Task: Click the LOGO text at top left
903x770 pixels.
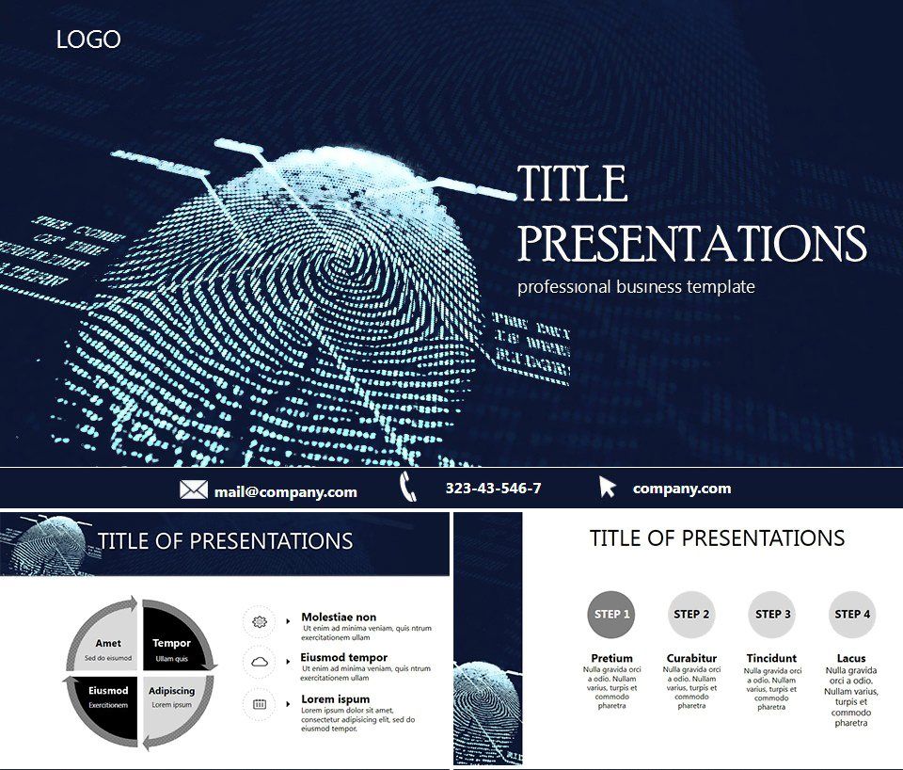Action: pyautogui.click(x=88, y=40)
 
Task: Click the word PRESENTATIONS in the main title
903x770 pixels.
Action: pyautogui.click(x=692, y=244)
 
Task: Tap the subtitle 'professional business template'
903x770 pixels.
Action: pyautogui.click(x=636, y=287)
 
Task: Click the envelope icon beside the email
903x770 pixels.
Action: pyautogui.click(x=194, y=489)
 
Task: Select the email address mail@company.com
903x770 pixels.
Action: pyautogui.click(x=285, y=491)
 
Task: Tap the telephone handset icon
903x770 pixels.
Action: pyautogui.click(x=407, y=488)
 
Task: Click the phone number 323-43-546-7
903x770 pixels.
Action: pyautogui.click(x=493, y=489)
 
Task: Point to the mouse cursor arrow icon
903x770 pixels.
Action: pyautogui.click(x=608, y=488)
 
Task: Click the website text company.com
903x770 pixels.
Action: pyautogui.click(x=681, y=489)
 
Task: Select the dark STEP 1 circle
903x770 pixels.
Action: pyautogui.click(x=610, y=615)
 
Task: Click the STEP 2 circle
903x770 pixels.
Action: pyautogui.click(x=691, y=615)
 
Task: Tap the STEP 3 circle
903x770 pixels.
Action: pyautogui.click(x=772, y=615)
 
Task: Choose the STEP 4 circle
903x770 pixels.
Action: pyautogui.click(x=852, y=615)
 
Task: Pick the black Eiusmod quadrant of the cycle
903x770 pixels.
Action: pyautogui.click(x=107, y=698)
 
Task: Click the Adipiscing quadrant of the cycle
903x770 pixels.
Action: pyautogui.click(x=172, y=698)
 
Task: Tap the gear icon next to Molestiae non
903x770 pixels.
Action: pyautogui.click(x=260, y=621)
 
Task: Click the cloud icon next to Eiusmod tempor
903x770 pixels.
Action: pyautogui.click(x=260, y=662)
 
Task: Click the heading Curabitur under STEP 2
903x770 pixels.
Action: pyautogui.click(x=691, y=658)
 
